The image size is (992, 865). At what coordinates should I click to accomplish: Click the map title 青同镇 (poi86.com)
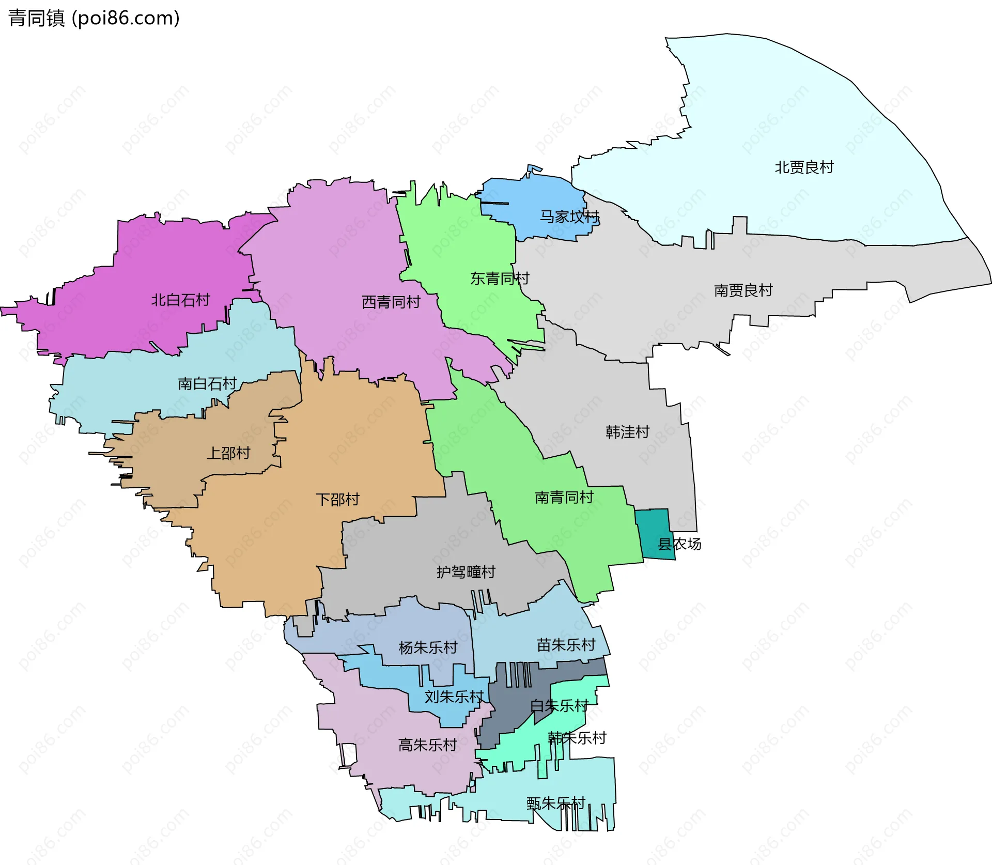click(94, 18)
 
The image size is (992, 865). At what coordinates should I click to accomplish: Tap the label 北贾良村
click(804, 167)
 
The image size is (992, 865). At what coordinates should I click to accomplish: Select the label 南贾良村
click(743, 290)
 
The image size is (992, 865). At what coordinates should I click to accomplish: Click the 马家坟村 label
click(569, 217)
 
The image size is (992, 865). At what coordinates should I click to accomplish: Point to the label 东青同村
click(500, 279)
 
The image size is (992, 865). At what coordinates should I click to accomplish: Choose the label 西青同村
click(391, 302)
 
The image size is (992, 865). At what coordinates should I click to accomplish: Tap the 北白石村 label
click(180, 300)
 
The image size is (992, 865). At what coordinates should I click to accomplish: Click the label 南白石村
click(207, 383)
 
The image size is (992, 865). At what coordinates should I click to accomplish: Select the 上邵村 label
click(228, 453)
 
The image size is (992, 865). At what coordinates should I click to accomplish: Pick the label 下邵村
click(337, 500)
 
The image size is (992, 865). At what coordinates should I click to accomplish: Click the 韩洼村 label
click(627, 432)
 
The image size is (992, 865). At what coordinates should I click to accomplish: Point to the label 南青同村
click(564, 498)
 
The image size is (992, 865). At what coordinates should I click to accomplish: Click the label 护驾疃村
click(466, 572)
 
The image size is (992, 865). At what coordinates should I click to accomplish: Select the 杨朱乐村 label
click(428, 647)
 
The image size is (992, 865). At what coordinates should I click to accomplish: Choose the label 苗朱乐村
click(566, 645)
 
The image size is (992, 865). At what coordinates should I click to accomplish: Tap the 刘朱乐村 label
click(454, 697)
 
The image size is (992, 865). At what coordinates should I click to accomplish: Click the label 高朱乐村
click(428, 745)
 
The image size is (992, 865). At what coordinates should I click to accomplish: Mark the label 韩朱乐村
click(577, 738)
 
